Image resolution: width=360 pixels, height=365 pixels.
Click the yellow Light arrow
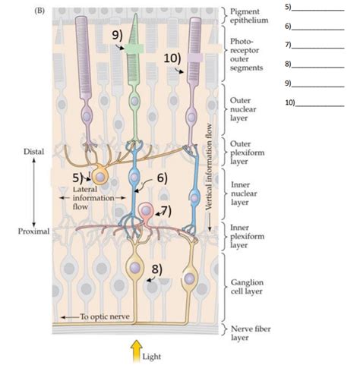[x=136, y=351]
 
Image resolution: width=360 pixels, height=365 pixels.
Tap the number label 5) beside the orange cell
[x=77, y=178]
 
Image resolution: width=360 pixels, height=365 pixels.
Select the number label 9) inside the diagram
[x=117, y=35]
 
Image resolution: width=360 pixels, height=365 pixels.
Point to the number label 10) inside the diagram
[x=172, y=58]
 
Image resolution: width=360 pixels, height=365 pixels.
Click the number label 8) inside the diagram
[x=157, y=269]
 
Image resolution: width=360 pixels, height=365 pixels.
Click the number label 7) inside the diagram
[x=166, y=211]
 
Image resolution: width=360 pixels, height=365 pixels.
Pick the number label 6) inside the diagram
[x=163, y=178]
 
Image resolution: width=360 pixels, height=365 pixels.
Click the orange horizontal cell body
[x=100, y=177]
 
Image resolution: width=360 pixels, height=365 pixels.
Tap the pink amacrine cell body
[x=146, y=210]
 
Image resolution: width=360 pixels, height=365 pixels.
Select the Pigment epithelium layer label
[x=249, y=16]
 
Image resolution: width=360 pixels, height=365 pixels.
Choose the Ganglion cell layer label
[x=247, y=287]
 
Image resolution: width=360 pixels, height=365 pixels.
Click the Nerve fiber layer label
[x=251, y=333]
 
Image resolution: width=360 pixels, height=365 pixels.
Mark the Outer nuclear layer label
[x=243, y=109]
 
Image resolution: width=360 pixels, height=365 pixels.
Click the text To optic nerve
[x=105, y=316]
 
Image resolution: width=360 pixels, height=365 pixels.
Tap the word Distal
[x=33, y=152]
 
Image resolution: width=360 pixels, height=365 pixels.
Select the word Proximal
[x=33, y=231]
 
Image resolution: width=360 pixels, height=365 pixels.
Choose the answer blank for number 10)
[x=320, y=105]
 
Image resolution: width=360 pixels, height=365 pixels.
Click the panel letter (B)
[x=39, y=11]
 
